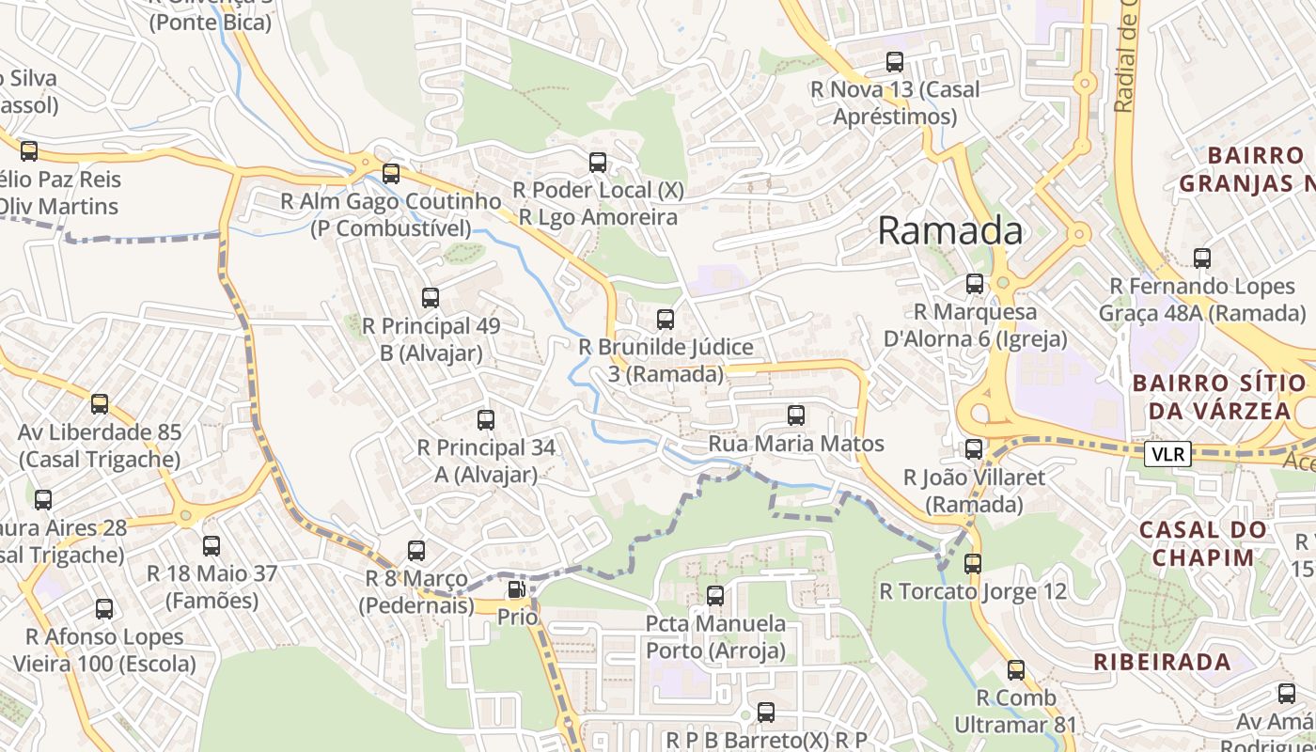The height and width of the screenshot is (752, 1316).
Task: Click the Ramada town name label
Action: [949, 230]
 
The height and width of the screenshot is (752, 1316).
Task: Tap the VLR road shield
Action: [1168, 454]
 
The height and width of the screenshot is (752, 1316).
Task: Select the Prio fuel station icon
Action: [516, 590]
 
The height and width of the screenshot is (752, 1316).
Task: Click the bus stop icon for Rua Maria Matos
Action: [796, 415]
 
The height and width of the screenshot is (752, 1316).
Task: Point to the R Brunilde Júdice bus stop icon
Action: [666, 320]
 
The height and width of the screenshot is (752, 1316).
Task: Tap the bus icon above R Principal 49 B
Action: [431, 298]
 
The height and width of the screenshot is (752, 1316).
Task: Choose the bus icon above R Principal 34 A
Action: [486, 420]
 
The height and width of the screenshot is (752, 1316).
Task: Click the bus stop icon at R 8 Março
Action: [416, 551]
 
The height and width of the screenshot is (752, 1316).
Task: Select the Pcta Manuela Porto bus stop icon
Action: [715, 596]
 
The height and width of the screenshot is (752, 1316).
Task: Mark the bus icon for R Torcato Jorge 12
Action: [973, 564]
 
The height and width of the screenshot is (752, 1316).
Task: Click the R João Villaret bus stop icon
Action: [974, 449]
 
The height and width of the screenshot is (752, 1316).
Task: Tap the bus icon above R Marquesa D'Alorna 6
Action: [975, 284]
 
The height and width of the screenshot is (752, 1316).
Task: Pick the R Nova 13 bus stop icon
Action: [895, 62]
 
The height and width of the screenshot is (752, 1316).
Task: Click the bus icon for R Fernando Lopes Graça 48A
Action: [1202, 258]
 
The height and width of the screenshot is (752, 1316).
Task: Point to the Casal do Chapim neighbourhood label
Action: [1202, 543]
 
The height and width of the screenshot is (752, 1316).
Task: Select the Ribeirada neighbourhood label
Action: [1162, 662]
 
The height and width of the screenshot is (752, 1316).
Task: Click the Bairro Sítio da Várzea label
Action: [1218, 397]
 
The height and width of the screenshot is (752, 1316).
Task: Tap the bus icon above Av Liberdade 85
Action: [100, 404]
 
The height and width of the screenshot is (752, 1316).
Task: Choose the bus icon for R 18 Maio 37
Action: [211, 546]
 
